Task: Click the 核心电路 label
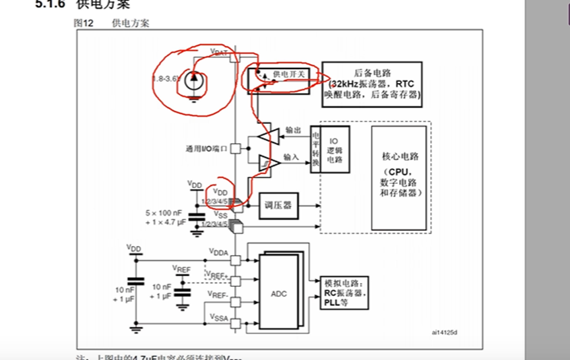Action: point(400,156)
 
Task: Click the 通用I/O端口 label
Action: point(206,149)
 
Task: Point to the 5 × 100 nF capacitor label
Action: point(165,213)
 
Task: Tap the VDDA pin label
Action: point(218,252)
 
